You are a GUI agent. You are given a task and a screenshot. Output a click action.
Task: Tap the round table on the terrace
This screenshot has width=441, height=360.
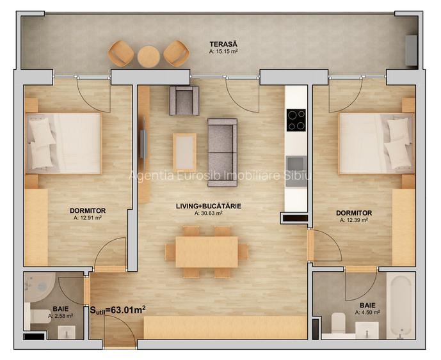(x=148, y=56)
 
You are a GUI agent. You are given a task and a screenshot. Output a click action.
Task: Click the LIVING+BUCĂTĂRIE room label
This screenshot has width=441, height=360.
(x=209, y=206)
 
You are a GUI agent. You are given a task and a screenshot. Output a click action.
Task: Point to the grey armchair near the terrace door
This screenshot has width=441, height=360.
(x=184, y=100)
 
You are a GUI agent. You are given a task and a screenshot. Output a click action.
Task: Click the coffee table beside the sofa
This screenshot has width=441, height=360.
(x=185, y=152)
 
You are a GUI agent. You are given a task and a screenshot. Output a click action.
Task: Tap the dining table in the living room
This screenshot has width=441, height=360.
(x=207, y=252)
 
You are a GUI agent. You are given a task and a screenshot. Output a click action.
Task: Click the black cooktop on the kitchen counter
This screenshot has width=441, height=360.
(x=296, y=120)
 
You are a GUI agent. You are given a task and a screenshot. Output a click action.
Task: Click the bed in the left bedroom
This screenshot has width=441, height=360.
(x=63, y=143)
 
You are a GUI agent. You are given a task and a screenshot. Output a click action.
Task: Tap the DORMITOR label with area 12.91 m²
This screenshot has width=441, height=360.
(x=88, y=210)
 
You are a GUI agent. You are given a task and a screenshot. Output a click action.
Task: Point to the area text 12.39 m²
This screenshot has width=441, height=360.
(x=355, y=220)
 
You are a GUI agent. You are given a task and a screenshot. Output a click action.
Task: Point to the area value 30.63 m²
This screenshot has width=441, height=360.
(x=209, y=214)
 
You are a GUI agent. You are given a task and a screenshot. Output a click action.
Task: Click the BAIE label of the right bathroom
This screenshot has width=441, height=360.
(x=367, y=306)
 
